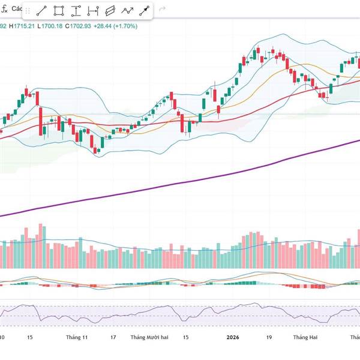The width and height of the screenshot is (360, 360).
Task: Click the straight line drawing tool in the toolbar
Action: tap(41, 11)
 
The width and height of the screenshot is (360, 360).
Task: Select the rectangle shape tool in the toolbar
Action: tap(59, 11)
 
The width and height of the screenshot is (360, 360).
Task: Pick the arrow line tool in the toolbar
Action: tap(145, 11)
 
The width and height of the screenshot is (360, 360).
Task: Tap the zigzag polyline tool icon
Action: tap(127, 11)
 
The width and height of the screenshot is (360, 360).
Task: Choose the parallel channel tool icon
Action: tap(110, 11)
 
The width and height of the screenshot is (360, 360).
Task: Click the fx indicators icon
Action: tap(4, 10)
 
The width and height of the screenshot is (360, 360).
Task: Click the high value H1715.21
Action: tap(25, 26)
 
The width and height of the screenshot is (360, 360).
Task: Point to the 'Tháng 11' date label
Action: tap(77, 337)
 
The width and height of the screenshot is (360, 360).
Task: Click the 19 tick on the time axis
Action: tap(269, 337)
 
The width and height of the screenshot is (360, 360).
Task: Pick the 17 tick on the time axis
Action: tap(113, 337)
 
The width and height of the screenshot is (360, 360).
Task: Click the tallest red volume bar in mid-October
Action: tap(41, 247)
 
